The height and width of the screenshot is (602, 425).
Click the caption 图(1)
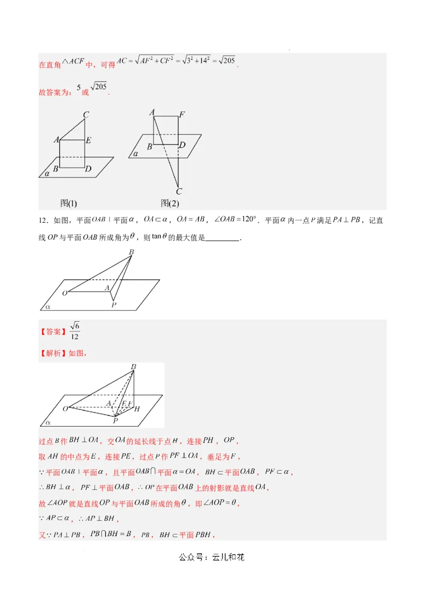coord(69,203)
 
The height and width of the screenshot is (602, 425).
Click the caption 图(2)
coord(170,203)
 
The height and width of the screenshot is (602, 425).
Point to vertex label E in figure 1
coord(88,140)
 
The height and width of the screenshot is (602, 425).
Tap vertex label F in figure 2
coord(182,114)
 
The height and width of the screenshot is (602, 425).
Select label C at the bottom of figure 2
coord(179,191)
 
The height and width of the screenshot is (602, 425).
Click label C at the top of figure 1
coord(86,114)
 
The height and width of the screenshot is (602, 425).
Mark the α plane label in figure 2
coord(135,154)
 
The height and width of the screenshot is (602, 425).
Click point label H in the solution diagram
coord(137,409)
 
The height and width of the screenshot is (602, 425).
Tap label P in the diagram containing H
coord(115,421)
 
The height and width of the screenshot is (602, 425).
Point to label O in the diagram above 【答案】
coord(65,293)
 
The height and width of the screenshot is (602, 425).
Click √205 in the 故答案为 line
coord(99,87)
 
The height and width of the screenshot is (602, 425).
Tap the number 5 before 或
coord(79,88)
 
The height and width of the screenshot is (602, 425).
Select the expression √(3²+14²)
coord(197,60)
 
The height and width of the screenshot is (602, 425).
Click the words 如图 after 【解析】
coord(77,353)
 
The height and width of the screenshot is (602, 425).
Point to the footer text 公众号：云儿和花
coord(212,557)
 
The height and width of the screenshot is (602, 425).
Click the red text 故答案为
coord(55,92)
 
